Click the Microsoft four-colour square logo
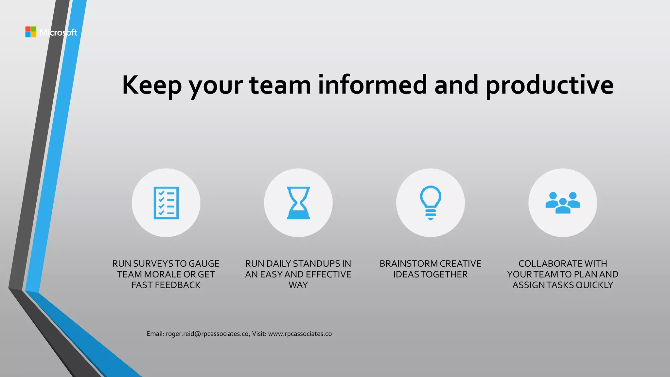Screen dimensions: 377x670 [31, 32]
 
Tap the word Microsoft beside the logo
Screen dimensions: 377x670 [58, 32]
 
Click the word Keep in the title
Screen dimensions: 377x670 [151, 85]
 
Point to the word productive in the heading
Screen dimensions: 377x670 [550, 85]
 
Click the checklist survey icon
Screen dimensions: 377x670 [166, 203]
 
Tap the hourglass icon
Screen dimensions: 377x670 [298, 203]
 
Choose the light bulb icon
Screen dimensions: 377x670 [431, 203]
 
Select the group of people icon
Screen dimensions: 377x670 [563, 203]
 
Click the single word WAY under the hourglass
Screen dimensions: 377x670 [298, 285]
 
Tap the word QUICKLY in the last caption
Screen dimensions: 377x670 [594, 285]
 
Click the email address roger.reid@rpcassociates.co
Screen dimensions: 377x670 [207, 334]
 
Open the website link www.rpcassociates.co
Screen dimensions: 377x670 [300, 334]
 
